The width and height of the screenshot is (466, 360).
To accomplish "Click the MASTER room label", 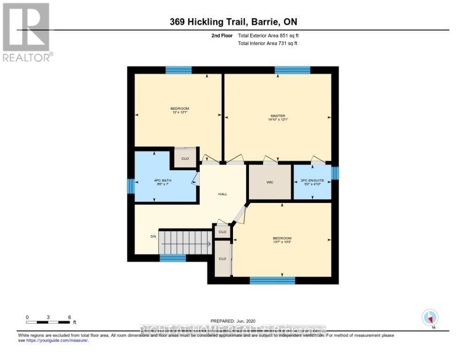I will tap(278, 116).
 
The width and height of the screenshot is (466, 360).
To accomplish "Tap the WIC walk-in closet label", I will tap(269, 182).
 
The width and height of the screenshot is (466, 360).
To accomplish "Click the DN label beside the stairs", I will tap(153, 236).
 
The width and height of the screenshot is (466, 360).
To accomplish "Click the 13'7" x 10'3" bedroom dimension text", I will tap(282, 242).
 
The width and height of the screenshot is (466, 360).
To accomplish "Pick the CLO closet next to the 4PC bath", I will tap(185, 158).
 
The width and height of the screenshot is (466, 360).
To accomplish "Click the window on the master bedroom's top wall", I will tap(292, 70).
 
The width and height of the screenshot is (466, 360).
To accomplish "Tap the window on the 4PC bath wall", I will tap(131, 186).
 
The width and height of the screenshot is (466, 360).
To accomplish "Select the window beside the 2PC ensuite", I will tap(335, 173).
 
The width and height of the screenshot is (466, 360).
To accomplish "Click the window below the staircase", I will tap(173, 258).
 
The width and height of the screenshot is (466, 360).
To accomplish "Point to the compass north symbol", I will tap(430, 318).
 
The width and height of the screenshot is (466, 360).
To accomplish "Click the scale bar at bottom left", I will tap(48, 322).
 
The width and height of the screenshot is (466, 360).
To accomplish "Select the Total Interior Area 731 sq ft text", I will tap(268, 43).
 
